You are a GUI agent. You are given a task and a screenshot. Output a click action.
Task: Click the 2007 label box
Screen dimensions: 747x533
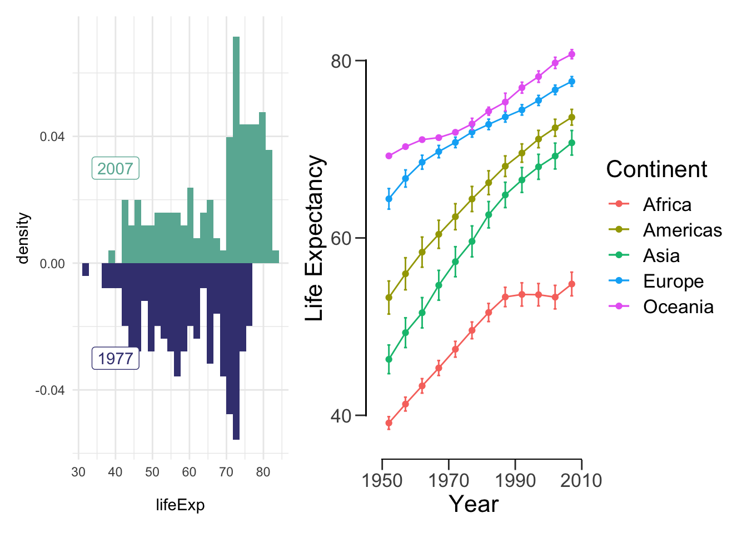116,168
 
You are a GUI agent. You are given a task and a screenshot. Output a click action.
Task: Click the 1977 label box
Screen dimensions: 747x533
116,359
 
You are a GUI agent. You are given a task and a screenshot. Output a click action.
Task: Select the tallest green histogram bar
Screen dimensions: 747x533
236,150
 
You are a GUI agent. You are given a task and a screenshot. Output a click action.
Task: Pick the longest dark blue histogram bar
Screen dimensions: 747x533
236,351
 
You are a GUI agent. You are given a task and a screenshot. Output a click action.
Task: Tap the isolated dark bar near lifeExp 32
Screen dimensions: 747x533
86,269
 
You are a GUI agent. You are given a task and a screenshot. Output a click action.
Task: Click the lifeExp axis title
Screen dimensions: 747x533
180,505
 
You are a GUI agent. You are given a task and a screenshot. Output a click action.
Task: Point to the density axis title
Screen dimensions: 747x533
23,238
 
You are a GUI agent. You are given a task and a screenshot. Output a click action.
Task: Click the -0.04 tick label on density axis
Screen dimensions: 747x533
50,390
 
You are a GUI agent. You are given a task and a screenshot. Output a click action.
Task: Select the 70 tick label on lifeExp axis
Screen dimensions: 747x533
226,472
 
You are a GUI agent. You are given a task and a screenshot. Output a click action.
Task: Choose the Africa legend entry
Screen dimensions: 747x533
650,204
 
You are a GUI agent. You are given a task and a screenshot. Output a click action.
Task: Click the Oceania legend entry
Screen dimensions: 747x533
661,306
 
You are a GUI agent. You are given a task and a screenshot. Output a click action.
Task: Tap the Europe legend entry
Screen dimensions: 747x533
656,281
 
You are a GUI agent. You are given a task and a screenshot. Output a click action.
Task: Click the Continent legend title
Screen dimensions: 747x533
656,169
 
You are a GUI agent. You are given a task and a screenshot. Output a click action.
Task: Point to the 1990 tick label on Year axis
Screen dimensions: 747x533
515,481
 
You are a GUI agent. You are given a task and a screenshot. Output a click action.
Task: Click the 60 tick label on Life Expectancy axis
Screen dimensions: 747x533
341,239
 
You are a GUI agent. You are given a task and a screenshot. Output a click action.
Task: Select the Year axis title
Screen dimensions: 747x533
474,504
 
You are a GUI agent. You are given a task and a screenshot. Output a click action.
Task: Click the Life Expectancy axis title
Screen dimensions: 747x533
314,238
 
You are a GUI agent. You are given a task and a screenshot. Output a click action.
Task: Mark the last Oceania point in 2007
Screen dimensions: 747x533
571,54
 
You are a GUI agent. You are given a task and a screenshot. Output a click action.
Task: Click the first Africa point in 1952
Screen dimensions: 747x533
389,423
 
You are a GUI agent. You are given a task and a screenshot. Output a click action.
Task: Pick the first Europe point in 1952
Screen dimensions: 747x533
389,199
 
